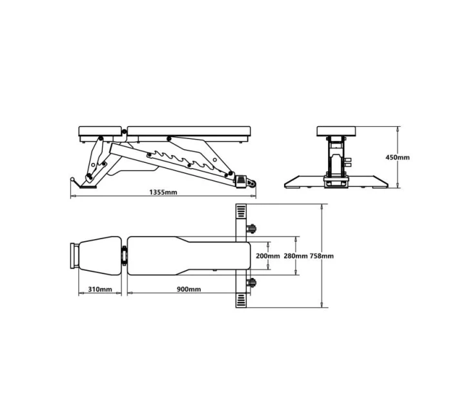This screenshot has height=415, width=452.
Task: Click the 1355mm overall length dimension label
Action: tap(163, 192)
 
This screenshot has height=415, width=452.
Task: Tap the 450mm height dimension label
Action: tap(397, 157)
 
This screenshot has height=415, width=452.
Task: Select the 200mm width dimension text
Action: tap(267, 256)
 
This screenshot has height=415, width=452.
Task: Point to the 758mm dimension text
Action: tap(322, 256)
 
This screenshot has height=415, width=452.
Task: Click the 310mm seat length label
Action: tap(100, 289)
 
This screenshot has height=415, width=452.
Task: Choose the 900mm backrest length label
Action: tap(189, 289)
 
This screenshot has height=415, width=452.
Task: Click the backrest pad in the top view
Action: tap(187, 256)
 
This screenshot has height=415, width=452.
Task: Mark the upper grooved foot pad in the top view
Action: tap(241, 213)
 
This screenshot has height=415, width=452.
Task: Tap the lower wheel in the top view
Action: tap(251, 282)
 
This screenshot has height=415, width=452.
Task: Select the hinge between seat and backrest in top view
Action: tap(123, 256)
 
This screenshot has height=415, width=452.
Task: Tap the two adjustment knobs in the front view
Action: tap(348, 164)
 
